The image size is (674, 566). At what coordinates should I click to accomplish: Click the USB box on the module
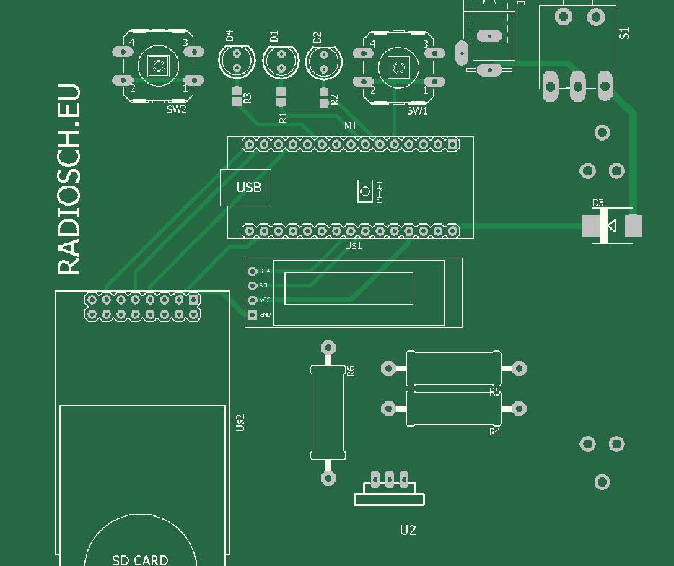tap(245, 188)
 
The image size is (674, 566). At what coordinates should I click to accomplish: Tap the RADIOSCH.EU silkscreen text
tap(69, 180)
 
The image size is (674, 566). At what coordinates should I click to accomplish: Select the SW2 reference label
tap(177, 110)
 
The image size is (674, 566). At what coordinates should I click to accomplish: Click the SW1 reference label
tap(417, 111)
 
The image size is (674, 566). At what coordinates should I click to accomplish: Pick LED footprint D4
tap(237, 62)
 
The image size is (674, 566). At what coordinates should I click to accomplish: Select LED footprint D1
tap(281, 62)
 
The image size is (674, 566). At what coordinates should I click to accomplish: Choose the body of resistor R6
tap(328, 412)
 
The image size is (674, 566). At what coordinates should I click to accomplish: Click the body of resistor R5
tap(453, 368)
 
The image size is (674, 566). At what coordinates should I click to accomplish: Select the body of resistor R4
tap(453, 408)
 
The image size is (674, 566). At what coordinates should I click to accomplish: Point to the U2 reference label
tap(408, 530)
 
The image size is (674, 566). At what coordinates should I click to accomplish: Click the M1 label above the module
tap(351, 126)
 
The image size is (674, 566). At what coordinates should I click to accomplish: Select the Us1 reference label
tap(353, 246)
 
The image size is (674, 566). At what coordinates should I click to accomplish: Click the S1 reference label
tap(625, 33)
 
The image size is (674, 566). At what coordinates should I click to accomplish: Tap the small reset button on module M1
tap(365, 191)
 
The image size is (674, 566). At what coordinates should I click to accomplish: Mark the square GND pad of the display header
tap(252, 315)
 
